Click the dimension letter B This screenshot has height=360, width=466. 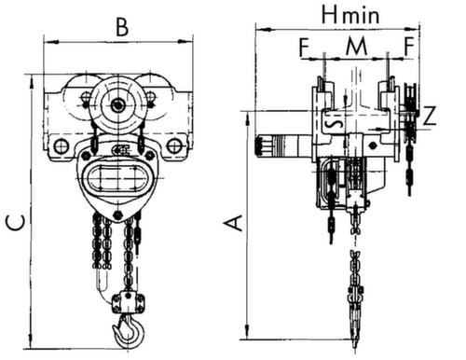coord(122,27)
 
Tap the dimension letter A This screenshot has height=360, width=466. coord(234,223)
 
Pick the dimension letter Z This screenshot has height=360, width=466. coord(430,116)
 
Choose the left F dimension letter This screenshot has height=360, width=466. coord(305,48)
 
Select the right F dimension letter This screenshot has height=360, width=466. coord(409,47)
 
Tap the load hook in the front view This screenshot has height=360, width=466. coord(129,331)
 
